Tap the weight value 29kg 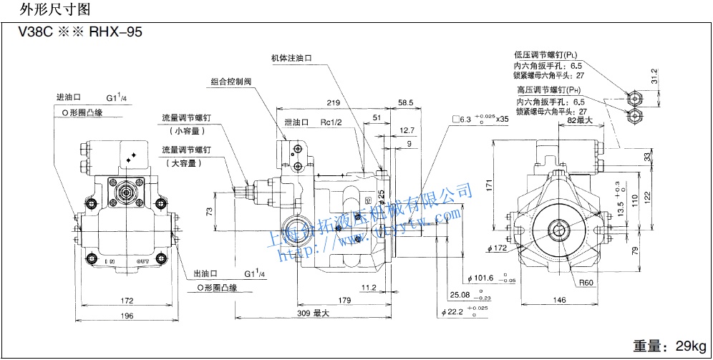tap(689, 346)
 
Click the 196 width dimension tap(127, 316)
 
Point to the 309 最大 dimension tap(314, 313)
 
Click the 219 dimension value tap(332, 103)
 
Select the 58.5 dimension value tap(406, 103)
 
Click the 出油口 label tap(206, 273)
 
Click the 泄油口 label tap(296, 122)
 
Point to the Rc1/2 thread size tap(331, 122)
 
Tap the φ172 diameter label tap(496, 248)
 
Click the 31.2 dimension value tap(653, 75)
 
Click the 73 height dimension tap(209, 212)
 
